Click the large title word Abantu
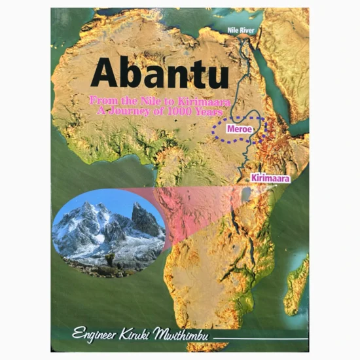coord(160,73)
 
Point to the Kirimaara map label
coord(270,177)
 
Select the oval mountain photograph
coord(109,230)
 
